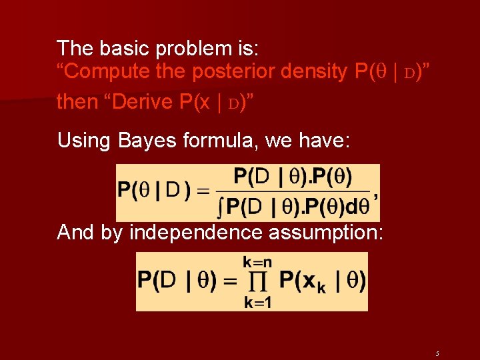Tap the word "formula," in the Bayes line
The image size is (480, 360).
click(x=208, y=141)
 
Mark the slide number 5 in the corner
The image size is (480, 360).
click(x=437, y=353)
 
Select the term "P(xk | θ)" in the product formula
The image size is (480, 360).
click(x=321, y=281)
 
